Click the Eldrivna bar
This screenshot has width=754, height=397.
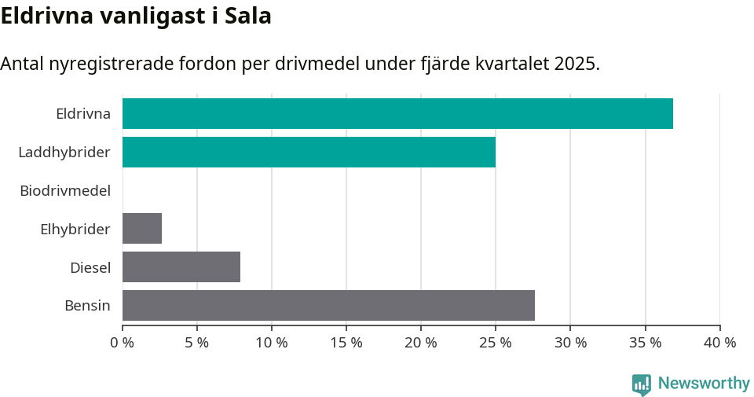(397, 113)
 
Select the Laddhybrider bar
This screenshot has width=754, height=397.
(309, 152)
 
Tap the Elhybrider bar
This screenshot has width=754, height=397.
(142, 228)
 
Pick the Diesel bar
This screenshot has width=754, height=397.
(181, 267)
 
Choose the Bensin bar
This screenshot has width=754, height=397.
(328, 305)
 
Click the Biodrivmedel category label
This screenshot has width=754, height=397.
(65, 190)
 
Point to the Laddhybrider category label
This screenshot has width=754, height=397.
(64, 152)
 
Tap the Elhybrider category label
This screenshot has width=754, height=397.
(75, 229)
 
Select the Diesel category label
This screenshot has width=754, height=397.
(90, 267)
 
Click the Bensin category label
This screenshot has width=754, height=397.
(87, 306)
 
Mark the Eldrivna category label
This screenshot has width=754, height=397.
(83, 114)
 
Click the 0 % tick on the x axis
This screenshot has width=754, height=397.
(123, 343)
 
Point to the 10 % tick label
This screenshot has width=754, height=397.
(272, 343)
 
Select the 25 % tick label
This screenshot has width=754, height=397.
(496, 343)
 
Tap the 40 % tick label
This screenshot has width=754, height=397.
(719, 343)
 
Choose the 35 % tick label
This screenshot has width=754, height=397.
(645, 343)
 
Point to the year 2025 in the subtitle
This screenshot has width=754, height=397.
(574, 64)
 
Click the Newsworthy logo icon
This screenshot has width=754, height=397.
(642, 384)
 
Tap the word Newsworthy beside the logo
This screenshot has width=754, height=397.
(704, 384)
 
